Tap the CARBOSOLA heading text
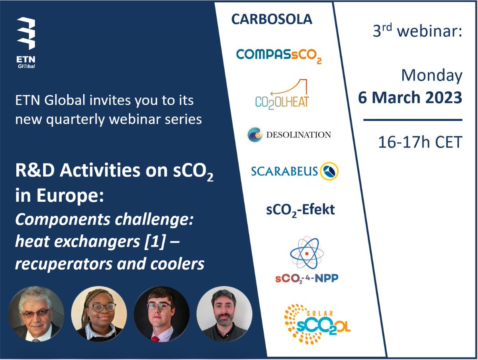(x=272, y=20)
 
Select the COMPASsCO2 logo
(x=278, y=55)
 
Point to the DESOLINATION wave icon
(x=255, y=134)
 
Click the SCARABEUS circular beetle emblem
(x=329, y=171)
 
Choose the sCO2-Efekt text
(x=300, y=210)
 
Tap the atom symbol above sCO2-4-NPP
(x=306, y=253)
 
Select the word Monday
(x=431, y=75)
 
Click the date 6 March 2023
(x=410, y=97)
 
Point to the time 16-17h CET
(x=419, y=142)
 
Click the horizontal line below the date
(x=413, y=120)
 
